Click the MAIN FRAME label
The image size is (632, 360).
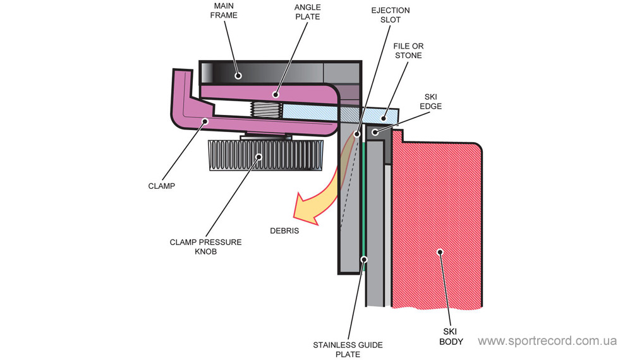pyautogui.click(x=224, y=11)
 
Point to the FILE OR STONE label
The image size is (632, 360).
pyautogui.click(x=408, y=51)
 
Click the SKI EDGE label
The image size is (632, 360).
pyautogui.click(x=430, y=102)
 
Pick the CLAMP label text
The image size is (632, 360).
pyautogui.click(x=162, y=186)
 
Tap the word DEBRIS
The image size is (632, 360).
pyautogui.click(x=283, y=231)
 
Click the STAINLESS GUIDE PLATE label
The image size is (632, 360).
pyautogui.click(x=348, y=349)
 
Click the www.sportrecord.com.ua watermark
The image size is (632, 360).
pyautogui.click(x=547, y=341)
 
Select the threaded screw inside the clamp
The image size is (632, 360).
pyautogui.click(x=265, y=110)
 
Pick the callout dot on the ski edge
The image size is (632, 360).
pyautogui.click(x=375, y=132)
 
